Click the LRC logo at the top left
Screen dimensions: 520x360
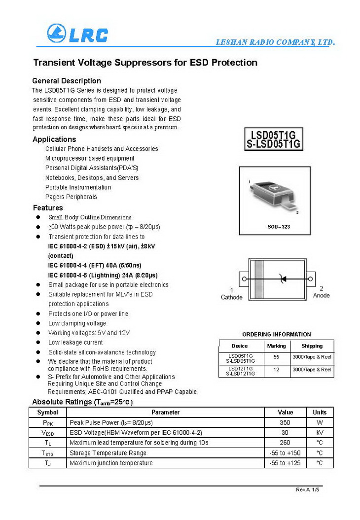point(77,34)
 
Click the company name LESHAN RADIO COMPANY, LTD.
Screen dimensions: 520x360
point(275,42)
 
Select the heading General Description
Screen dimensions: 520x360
point(67,81)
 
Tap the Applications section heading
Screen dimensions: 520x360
point(54,139)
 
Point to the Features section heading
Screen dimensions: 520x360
point(48,208)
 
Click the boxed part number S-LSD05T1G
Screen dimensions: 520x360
point(274,144)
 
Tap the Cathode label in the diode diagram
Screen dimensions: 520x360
point(231,297)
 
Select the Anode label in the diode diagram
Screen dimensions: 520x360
point(322,295)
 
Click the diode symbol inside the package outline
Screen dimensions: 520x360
point(283,279)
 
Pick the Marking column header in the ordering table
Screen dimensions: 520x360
point(276,346)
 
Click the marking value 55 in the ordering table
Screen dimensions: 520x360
point(276,356)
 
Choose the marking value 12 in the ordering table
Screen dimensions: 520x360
point(276,369)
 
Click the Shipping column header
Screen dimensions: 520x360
point(312,346)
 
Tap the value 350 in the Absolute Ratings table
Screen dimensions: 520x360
point(285,422)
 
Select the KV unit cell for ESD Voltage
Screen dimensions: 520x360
point(320,433)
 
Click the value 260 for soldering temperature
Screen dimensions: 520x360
point(285,443)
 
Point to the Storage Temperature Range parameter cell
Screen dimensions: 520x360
point(108,453)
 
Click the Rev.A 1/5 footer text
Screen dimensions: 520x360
point(308,489)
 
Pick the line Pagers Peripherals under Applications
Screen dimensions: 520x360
point(71,197)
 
